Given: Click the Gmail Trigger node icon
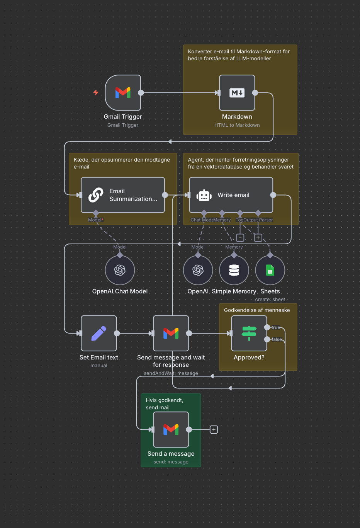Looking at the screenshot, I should [x=123, y=93].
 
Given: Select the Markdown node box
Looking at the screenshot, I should [x=237, y=93].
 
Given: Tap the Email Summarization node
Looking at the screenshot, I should [x=123, y=195].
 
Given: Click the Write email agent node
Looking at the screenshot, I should [x=231, y=195].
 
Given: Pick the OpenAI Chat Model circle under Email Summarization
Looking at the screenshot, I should [x=120, y=270].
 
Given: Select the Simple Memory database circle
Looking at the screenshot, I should [x=234, y=270].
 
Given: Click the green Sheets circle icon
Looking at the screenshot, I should [x=270, y=270].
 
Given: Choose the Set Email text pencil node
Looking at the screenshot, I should [x=99, y=333].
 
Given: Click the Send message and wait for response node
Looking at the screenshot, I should [x=171, y=333].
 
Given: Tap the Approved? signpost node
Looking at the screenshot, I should [x=249, y=333].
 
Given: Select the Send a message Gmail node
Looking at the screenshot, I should [x=171, y=429].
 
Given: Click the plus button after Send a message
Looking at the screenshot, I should [x=214, y=429].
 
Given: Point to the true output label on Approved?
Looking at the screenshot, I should [x=275, y=327].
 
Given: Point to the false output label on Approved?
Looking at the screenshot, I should [x=277, y=339].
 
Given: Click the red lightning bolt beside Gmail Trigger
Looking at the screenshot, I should [x=96, y=92].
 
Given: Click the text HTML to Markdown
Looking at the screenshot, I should [x=237, y=125].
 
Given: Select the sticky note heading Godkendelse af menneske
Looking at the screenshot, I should [x=256, y=310].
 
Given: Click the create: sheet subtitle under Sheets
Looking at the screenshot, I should [x=270, y=300].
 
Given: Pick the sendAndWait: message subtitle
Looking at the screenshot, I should [x=171, y=373].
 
